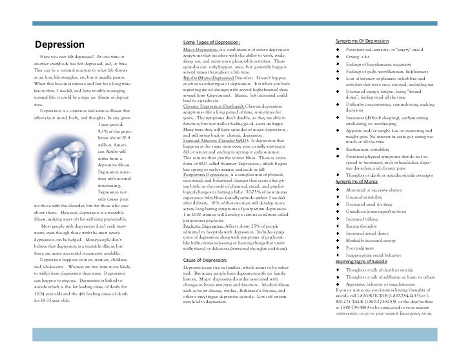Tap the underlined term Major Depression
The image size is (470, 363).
200,49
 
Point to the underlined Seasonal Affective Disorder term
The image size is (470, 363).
218,140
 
